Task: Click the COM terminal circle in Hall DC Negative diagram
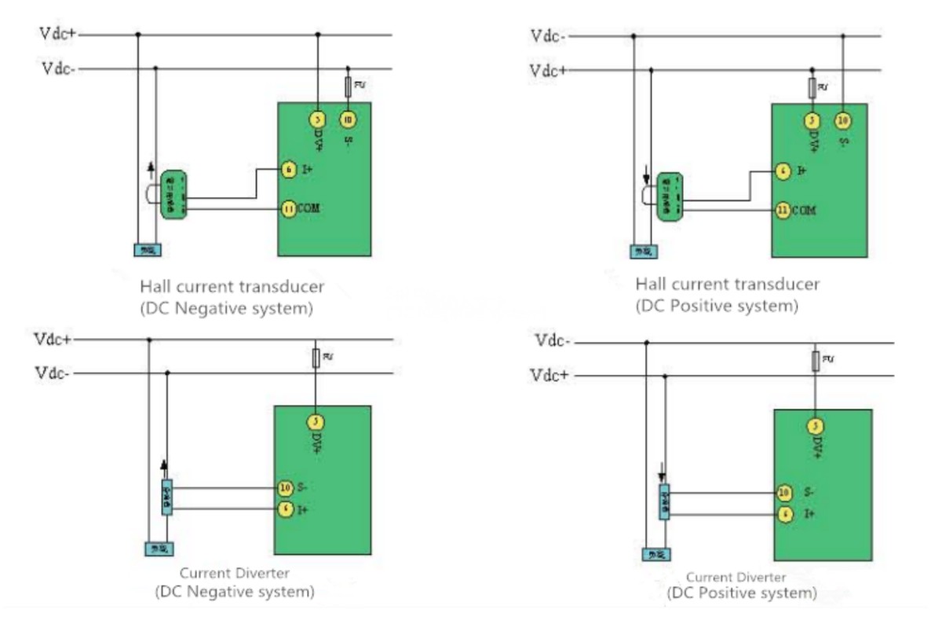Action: pyautogui.click(x=289, y=208)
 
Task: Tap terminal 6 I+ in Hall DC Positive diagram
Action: pyautogui.click(x=782, y=171)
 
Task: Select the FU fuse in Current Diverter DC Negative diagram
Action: pyautogui.click(x=316, y=358)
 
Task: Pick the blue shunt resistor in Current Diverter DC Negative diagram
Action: pyautogui.click(x=166, y=498)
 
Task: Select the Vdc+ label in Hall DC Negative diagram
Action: pyautogui.click(x=59, y=34)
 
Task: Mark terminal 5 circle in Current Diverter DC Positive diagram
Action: pyautogui.click(x=816, y=427)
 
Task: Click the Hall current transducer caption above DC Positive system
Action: pyautogui.click(x=727, y=284)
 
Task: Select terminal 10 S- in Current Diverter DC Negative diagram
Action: pyautogui.click(x=287, y=488)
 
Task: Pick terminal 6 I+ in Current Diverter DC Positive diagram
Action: pyautogui.click(x=783, y=514)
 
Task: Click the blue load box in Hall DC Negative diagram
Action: pyautogui.click(x=148, y=250)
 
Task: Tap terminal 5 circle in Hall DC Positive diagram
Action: pyautogui.click(x=812, y=120)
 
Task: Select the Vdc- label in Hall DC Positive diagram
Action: pyautogui.click(x=549, y=35)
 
